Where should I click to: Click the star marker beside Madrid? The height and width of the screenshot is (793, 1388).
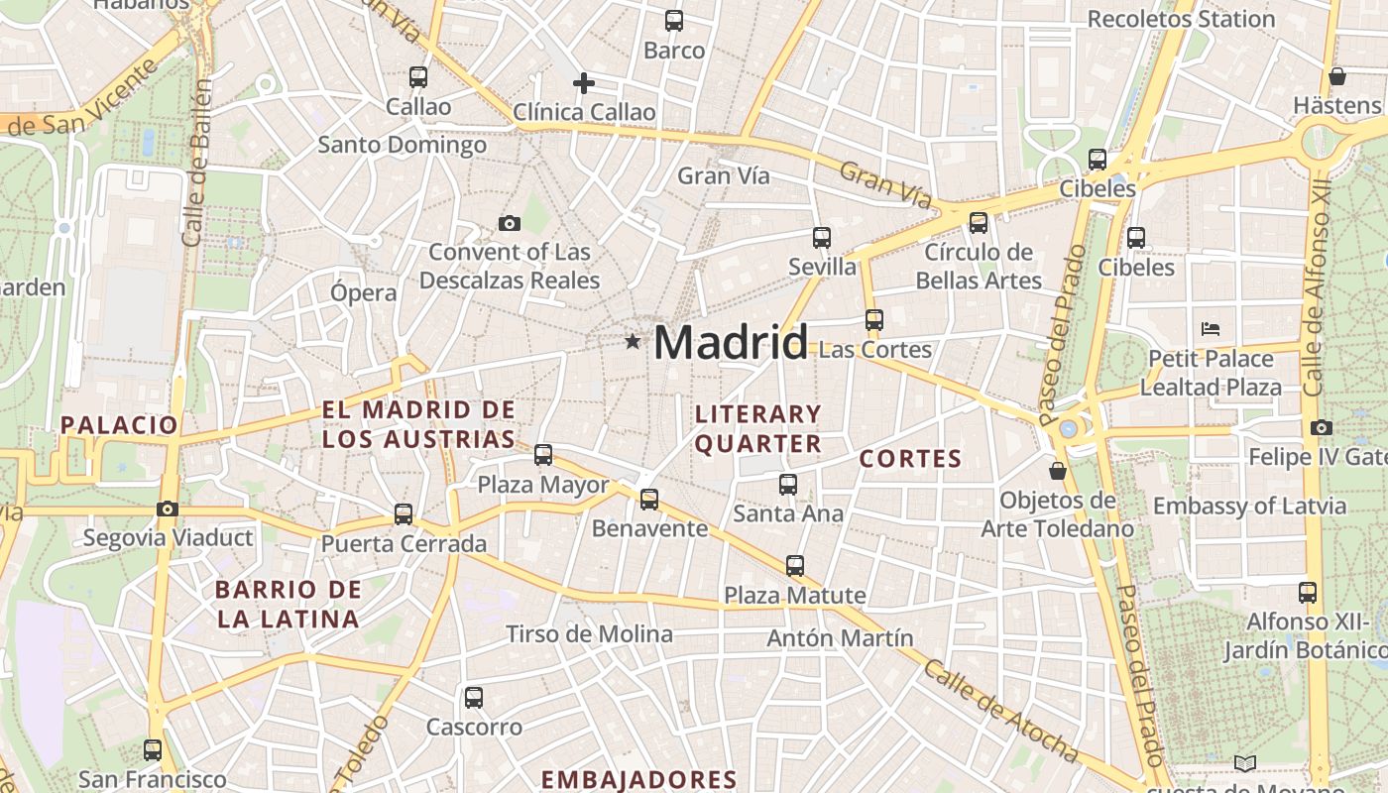pyautogui.click(x=633, y=342)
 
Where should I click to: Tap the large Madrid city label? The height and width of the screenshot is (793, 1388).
pyautogui.click(x=731, y=343)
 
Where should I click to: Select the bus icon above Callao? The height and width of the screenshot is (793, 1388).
pyautogui.click(x=418, y=76)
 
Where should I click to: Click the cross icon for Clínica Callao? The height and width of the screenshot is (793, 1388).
pyautogui.click(x=584, y=82)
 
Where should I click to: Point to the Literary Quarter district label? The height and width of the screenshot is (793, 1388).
pyautogui.click(x=758, y=428)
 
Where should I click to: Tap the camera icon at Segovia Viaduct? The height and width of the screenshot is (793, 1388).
pyautogui.click(x=168, y=509)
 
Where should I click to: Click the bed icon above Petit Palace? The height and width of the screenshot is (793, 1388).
pyautogui.click(x=1210, y=329)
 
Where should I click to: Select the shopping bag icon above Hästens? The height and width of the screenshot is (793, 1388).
pyautogui.click(x=1336, y=76)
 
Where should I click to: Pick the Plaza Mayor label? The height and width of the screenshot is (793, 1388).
pyautogui.click(x=543, y=485)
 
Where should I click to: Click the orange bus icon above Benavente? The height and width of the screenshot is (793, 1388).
pyautogui.click(x=649, y=499)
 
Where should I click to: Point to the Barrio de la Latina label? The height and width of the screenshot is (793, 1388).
pyautogui.click(x=288, y=605)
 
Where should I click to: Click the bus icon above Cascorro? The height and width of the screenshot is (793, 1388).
pyautogui.click(x=474, y=697)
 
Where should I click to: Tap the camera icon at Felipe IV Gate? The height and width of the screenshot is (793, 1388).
pyautogui.click(x=1321, y=427)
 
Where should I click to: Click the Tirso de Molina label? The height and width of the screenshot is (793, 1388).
pyautogui.click(x=589, y=633)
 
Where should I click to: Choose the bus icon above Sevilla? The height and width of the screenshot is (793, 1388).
pyautogui.click(x=822, y=237)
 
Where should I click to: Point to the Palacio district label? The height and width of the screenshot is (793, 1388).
pyautogui.click(x=119, y=425)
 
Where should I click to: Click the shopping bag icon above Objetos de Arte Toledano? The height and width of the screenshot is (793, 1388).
pyautogui.click(x=1058, y=470)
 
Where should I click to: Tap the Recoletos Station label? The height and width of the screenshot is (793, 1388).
pyautogui.click(x=1181, y=19)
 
